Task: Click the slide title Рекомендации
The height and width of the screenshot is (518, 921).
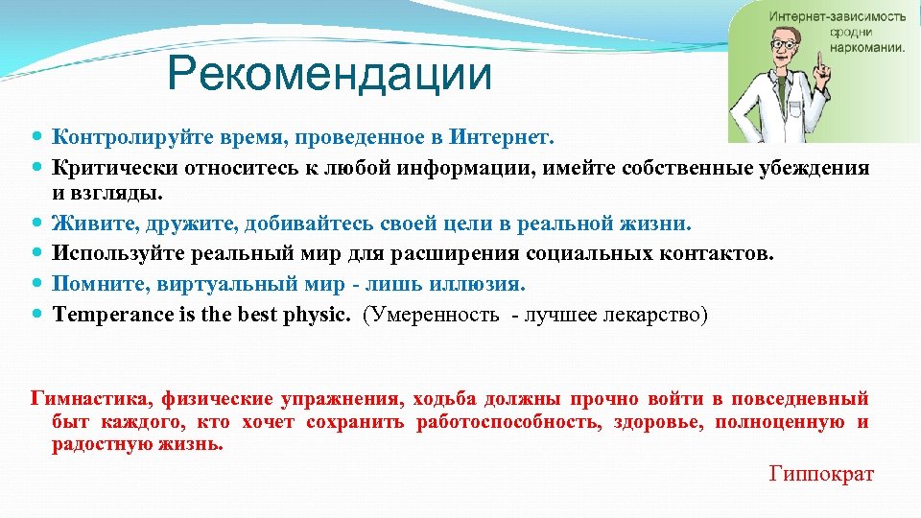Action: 329,75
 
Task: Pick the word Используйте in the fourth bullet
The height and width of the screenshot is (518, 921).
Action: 110,254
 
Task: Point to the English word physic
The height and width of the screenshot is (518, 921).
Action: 318,315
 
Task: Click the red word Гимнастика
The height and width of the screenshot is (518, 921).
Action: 90,398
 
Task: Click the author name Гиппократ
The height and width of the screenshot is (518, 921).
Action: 821,473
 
